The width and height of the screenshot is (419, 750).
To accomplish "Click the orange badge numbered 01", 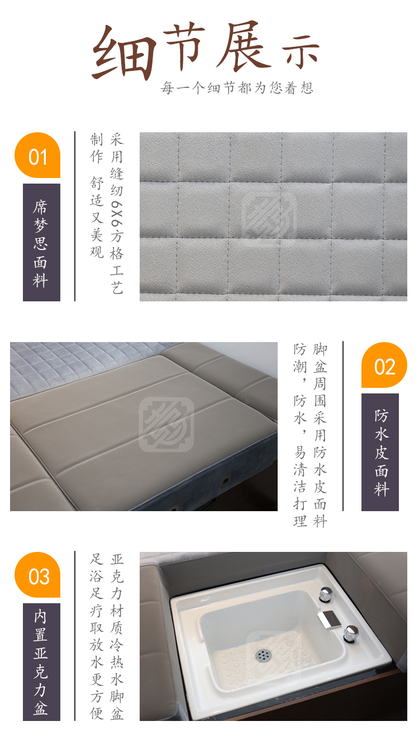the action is (37, 155).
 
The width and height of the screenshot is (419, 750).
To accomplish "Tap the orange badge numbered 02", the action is (384, 365).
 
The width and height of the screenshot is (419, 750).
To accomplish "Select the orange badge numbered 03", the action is (37, 575).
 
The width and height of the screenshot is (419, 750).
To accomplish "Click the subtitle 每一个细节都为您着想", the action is (237, 88).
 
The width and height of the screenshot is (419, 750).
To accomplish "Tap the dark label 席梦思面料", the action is (41, 242).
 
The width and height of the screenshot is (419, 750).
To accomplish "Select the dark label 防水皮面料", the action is (380, 452).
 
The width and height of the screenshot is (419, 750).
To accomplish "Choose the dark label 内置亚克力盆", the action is (41, 662).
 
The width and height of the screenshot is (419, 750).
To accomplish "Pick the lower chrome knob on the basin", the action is (351, 633).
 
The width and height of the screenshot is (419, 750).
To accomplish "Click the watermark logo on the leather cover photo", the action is (166, 425).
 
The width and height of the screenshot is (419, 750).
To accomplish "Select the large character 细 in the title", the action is (124, 53).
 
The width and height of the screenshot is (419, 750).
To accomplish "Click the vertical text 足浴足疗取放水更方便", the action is (97, 636).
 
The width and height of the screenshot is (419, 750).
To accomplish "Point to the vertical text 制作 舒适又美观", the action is (97, 196).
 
